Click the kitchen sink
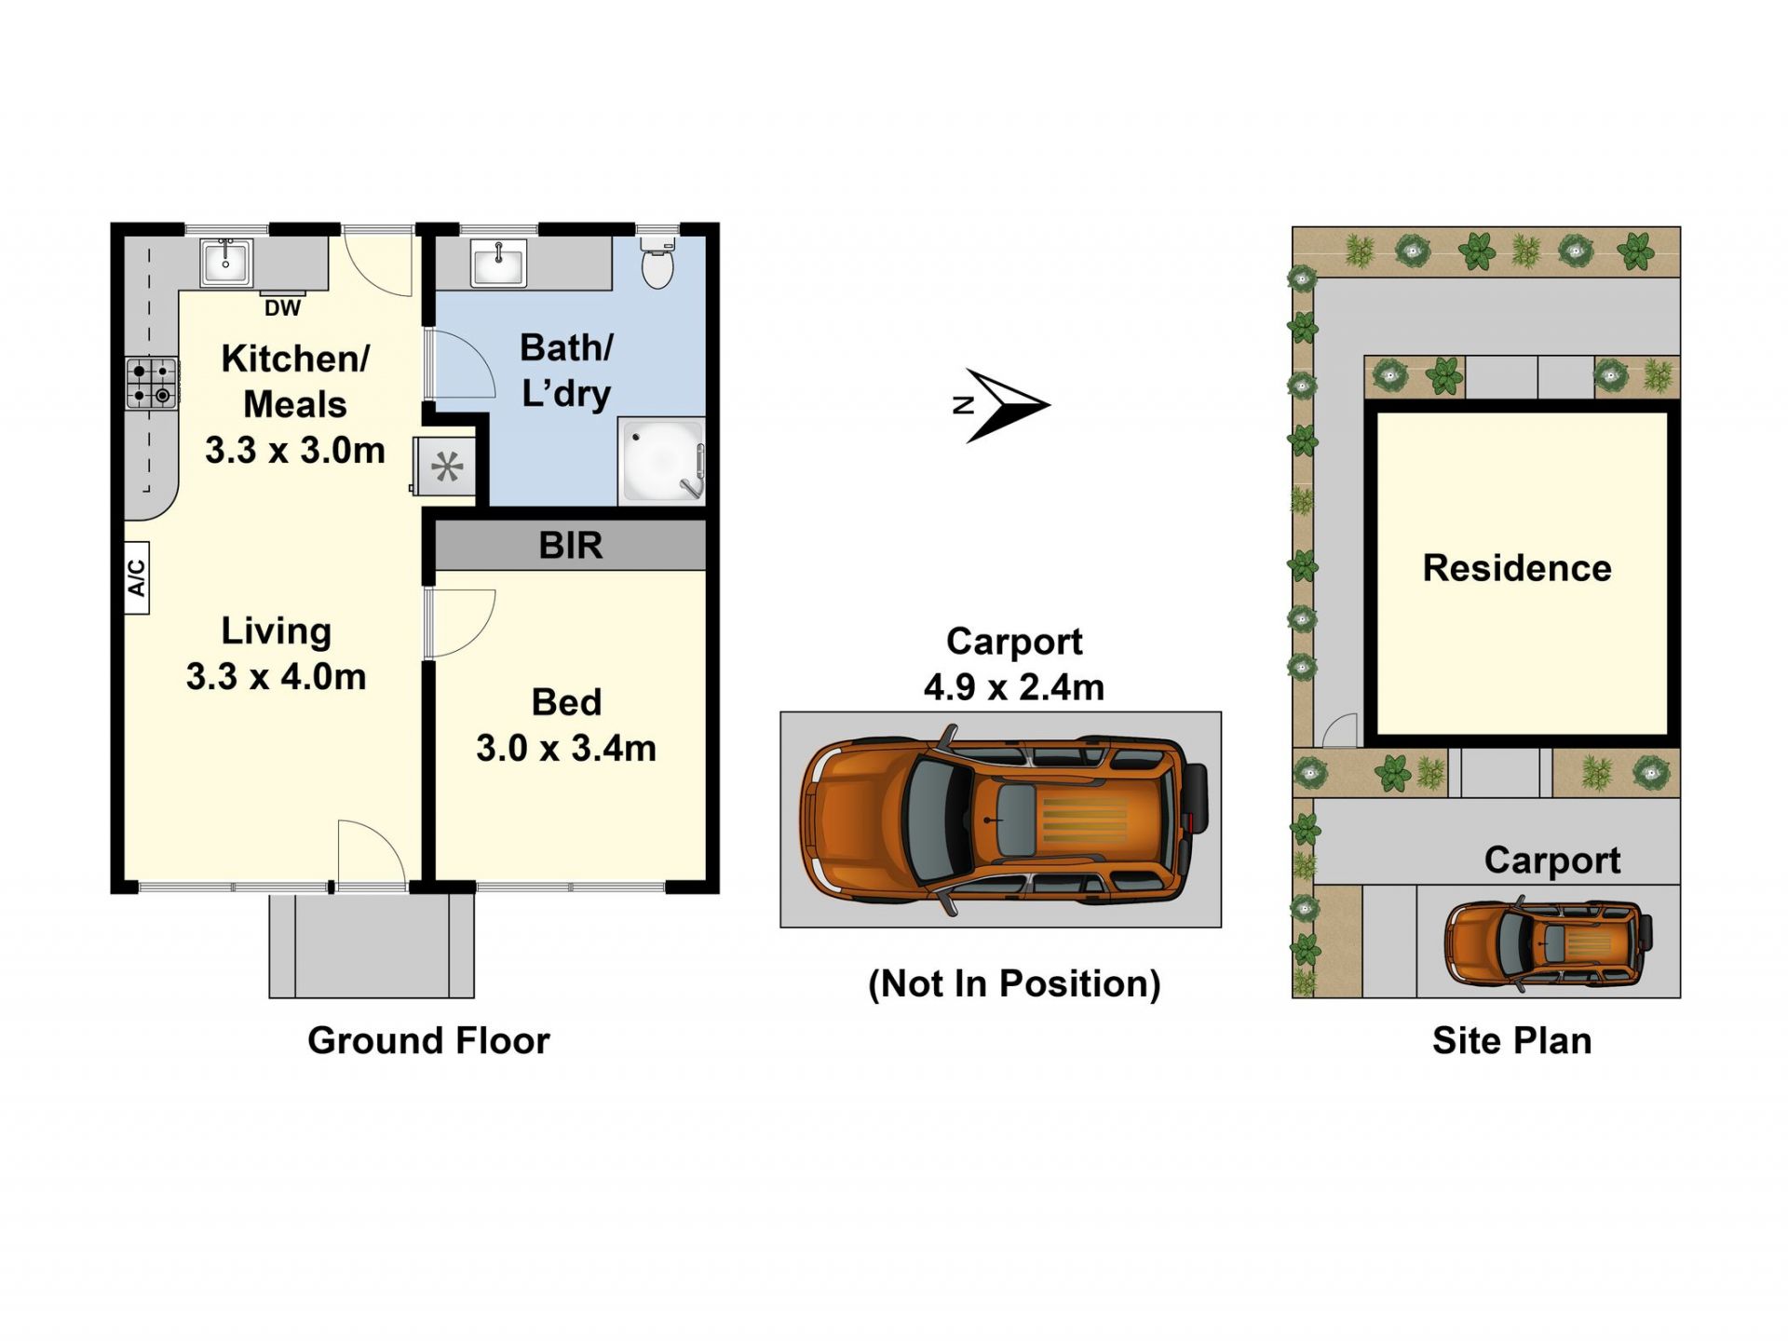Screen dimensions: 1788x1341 [x=225, y=263]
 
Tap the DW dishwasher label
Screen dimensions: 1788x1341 [x=282, y=308]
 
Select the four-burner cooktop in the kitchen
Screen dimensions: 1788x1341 [x=152, y=384]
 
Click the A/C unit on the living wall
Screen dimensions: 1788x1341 [x=137, y=577]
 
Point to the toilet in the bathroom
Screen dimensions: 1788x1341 [x=658, y=260]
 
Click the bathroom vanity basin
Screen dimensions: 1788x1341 [x=498, y=263]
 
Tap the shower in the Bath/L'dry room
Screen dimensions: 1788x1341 [x=662, y=460]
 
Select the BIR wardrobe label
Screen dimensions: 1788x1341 [x=571, y=546]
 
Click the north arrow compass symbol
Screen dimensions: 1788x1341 [x=1002, y=405]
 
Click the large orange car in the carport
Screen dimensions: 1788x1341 [x=1004, y=820]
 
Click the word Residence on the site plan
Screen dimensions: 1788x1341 [x=1517, y=568]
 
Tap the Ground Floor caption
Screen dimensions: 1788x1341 [x=428, y=1040]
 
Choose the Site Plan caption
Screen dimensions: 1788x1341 [x=1511, y=1040]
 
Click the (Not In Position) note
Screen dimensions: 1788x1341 [x=1014, y=983]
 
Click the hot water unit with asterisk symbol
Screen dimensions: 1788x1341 [x=446, y=466]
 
